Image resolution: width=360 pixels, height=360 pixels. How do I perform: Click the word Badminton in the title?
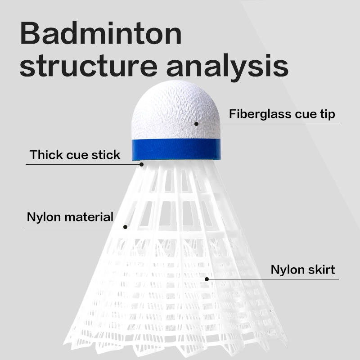(101, 33)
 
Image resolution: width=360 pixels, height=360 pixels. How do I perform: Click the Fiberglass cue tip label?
(282, 114)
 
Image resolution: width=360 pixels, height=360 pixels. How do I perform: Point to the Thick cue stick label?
(75, 154)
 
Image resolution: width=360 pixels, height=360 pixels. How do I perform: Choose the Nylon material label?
(70, 217)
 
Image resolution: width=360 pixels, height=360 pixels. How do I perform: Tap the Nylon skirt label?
(303, 270)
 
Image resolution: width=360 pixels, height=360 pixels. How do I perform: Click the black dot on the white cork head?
(196, 124)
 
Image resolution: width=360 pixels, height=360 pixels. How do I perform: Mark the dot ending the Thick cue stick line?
(141, 164)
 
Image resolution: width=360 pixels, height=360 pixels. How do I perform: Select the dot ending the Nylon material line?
(125, 227)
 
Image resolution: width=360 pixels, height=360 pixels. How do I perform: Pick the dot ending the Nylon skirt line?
(207, 279)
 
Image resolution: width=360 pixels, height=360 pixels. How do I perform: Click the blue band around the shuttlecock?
(176, 150)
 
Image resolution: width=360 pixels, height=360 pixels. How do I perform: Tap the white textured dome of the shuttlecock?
(175, 110)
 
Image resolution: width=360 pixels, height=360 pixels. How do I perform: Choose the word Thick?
(47, 154)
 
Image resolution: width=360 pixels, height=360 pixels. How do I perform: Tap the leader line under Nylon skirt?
(273, 279)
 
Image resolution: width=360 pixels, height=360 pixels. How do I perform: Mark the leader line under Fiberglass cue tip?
(267, 124)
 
